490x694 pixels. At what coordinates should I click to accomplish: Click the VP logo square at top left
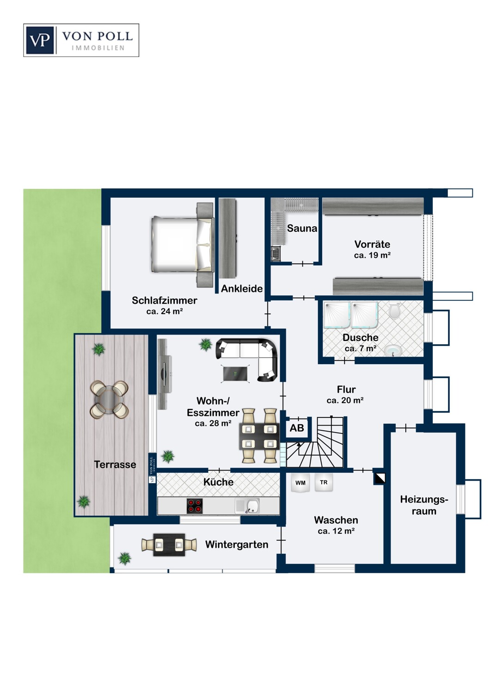tap(40, 40)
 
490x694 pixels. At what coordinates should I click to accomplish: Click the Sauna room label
tap(302, 229)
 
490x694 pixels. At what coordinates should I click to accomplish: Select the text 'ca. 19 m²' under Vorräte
tap(372, 255)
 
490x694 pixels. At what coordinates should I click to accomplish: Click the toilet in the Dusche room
tap(394, 311)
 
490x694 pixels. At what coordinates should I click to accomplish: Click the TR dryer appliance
tap(324, 482)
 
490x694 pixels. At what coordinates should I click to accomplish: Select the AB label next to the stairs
tap(296, 428)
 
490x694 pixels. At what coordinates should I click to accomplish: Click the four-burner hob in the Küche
tap(195, 506)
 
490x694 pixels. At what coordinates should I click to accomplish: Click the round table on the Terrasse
tap(109, 400)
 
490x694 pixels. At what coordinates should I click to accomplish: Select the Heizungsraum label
tap(424, 505)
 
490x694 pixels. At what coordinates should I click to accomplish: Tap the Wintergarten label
tap(237, 545)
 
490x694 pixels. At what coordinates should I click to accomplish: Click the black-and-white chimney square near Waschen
tap(380, 478)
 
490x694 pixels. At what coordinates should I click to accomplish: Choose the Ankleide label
tap(242, 289)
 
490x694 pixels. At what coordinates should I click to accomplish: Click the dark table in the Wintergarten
tap(169, 545)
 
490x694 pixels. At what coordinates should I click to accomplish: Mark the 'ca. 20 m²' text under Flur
tap(345, 400)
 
